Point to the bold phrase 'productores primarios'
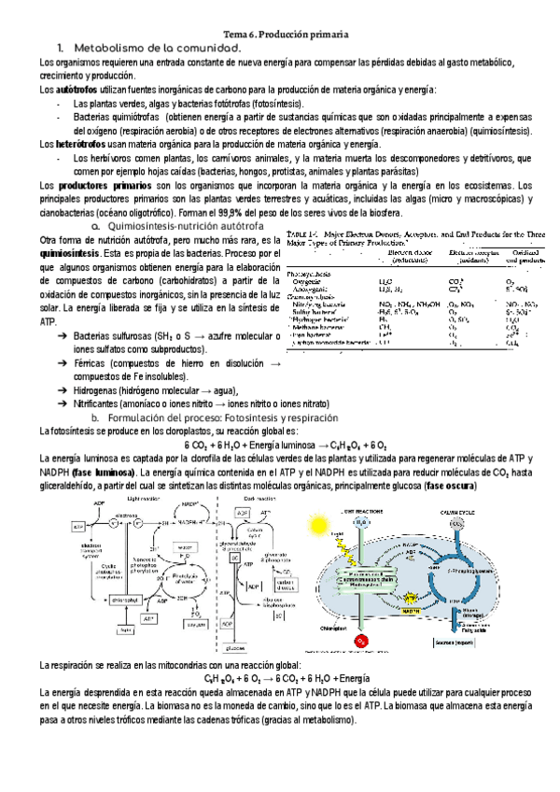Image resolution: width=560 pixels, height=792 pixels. pyautogui.click(x=99, y=186)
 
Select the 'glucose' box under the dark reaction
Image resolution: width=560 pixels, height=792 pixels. pyautogui.click(x=262, y=646)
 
